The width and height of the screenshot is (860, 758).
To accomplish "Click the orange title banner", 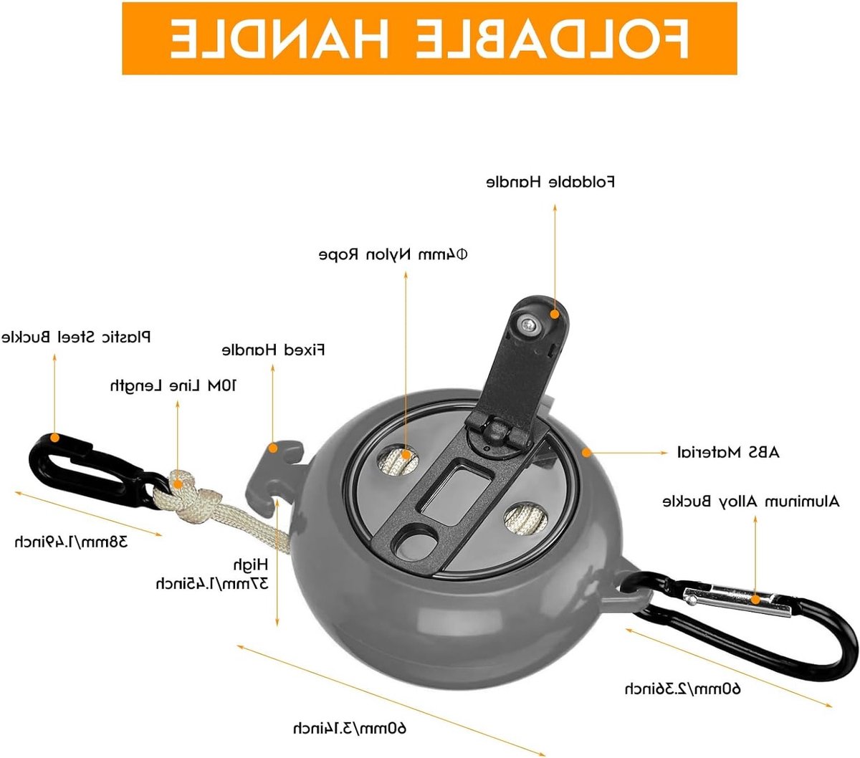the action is pos(429,38).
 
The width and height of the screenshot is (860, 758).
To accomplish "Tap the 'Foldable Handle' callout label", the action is pos(550,182).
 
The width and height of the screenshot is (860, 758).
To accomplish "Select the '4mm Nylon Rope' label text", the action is pos(393,254).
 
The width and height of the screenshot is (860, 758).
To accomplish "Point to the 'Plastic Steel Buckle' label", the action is pos(76,337).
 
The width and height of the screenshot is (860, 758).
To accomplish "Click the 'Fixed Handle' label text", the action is pos(273,350).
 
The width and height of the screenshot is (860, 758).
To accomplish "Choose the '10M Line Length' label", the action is pos(173,385).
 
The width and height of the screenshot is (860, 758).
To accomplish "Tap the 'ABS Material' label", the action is pos(728,452).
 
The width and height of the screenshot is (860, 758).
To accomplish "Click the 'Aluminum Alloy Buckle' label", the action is pos(751,502).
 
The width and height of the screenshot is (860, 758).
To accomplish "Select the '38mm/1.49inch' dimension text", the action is pos(71,542).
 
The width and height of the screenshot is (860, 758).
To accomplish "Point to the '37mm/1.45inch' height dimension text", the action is pos(212,584).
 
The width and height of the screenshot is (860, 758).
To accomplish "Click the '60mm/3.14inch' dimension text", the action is pos(349,729).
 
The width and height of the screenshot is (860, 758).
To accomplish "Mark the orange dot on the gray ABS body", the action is pos(586,452).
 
